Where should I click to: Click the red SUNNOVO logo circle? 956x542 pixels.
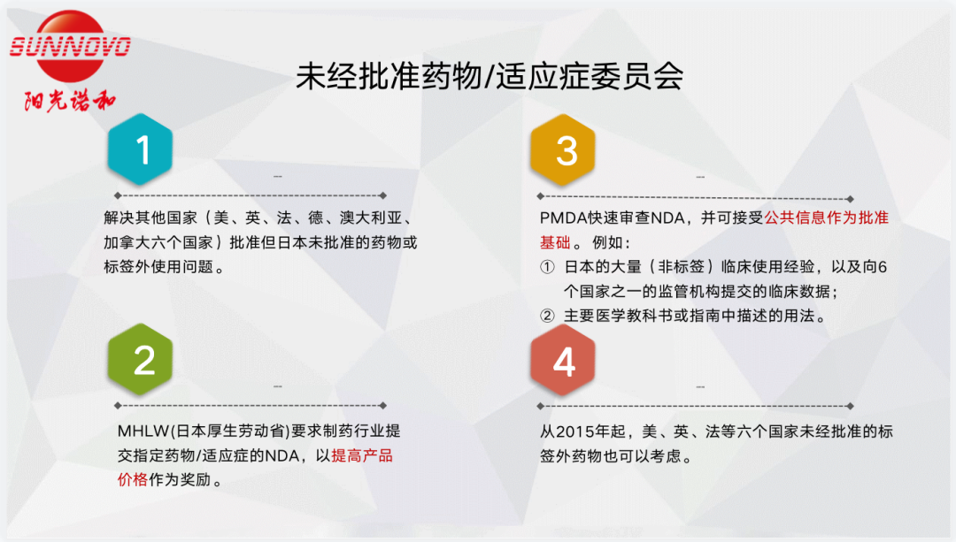tap(70, 46)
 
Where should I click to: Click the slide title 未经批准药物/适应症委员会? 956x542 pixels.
tap(490, 77)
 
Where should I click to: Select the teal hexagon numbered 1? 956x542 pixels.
tap(140, 149)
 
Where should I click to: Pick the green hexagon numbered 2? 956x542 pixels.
tap(140, 359)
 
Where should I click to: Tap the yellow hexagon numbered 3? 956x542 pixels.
tap(563, 149)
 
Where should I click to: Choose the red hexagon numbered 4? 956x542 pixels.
tap(563, 361)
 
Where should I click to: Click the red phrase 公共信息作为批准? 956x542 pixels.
tap(826, 218)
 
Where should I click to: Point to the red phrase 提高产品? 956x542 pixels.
tap(362, 455)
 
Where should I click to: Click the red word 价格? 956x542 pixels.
tap(132, 479)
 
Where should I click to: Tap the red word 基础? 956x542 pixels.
tap(555, 242)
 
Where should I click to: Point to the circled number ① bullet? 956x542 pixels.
tap(548, 267)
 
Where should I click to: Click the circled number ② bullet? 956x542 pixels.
tap(548, 316)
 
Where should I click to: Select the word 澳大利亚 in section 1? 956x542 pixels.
tap(371, 218)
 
